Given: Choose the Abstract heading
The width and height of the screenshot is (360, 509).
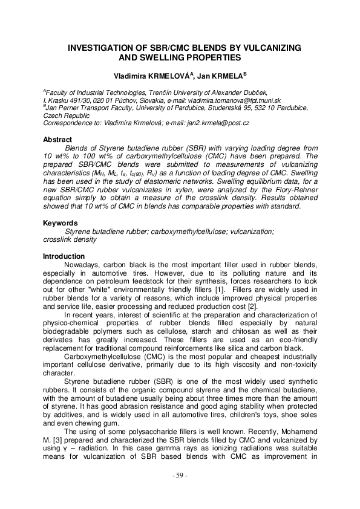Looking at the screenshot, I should [58, 140].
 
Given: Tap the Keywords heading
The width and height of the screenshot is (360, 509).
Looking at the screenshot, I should [61, 223].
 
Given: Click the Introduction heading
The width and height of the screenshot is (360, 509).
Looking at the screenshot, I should [64, 256].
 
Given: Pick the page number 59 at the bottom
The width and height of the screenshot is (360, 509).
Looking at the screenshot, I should [180, 493].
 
